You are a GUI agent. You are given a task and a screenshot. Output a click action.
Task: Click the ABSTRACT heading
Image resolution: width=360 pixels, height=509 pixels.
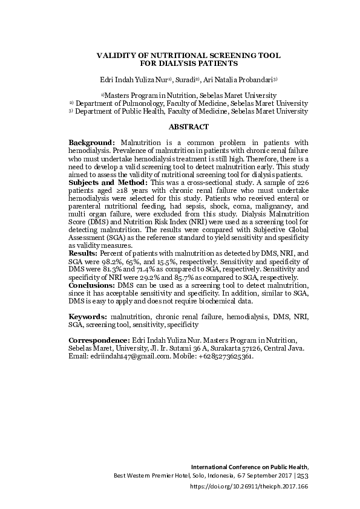pos(188,127)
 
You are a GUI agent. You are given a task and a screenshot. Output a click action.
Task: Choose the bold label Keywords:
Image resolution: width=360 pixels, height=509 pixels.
pos(88,316)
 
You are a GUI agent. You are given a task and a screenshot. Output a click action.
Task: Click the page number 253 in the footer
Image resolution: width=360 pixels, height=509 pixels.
pos(303,476)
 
